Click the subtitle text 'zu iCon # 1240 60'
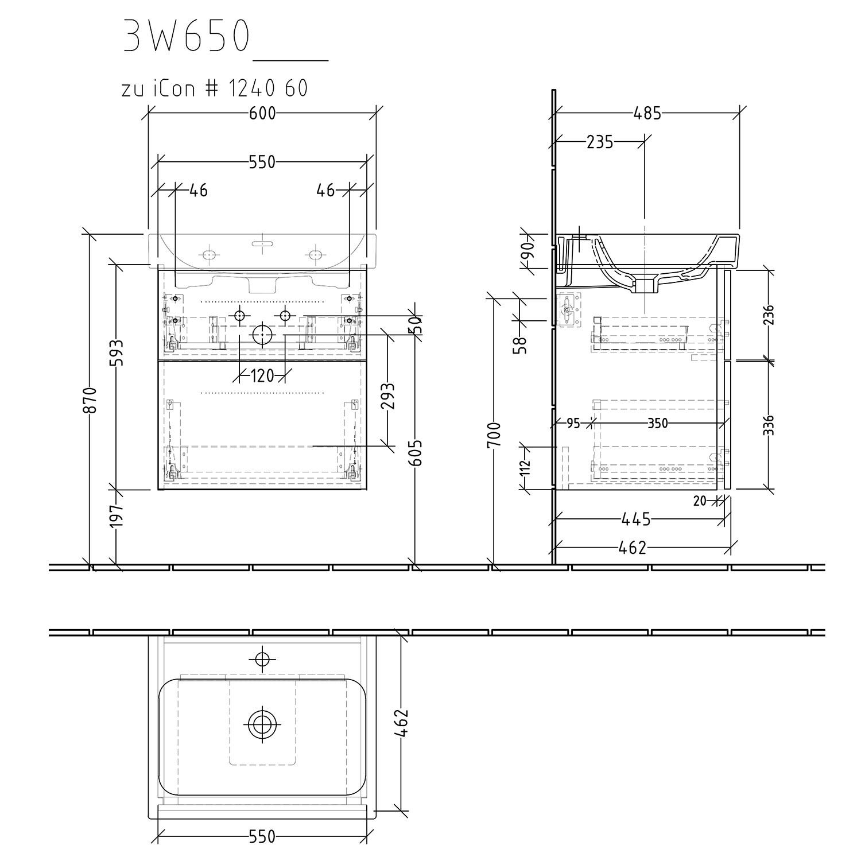pyautogui.click(x=215, y=88)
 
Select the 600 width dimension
pyautogui.click(x=262, y=114)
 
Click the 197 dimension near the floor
pyautogui.click(x=117, y=516)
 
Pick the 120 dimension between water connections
pyautogui.click(x=262, y=376)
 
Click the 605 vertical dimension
pyautogui.click(x=416, y=453)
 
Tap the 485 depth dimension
pyautogui.click(x=647, y=114)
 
